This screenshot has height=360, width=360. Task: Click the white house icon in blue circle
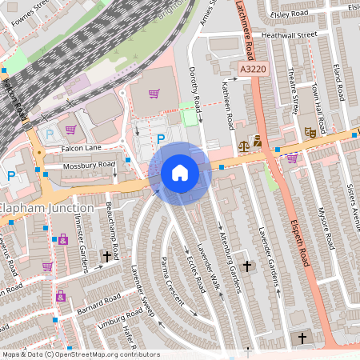tap(179, 173)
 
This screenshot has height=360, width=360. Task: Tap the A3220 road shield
tap(253, 70)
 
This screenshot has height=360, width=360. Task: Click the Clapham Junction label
tap(46, 209)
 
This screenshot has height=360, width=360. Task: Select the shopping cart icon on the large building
tap(154, 94)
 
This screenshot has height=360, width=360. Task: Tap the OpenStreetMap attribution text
tap(80, 354)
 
